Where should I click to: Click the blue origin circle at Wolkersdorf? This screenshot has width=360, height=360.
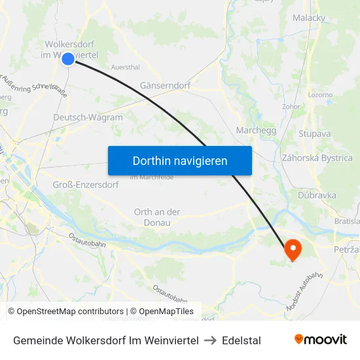point(68,59)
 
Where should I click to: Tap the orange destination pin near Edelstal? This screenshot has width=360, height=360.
point(292,249)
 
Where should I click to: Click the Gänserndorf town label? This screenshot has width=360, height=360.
point(165,86)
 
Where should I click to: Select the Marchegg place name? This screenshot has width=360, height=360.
point(256,130)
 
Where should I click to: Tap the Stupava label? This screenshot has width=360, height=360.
point(314,134)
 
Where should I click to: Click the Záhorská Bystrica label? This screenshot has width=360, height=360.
point(317,158)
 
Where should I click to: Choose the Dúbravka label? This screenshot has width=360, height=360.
point(317,195)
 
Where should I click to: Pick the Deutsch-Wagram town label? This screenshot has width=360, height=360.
point(88,118)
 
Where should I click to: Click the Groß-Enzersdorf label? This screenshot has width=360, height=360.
point(85,185)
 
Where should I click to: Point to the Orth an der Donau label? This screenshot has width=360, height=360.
point(157,217)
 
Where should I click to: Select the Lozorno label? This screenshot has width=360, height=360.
point(320,95)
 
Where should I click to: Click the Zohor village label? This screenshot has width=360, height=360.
point(291,106)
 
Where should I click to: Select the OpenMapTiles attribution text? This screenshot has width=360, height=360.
point(162,312)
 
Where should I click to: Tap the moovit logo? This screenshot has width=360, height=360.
point(321,340)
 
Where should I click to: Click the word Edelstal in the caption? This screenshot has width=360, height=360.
point(242,340)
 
